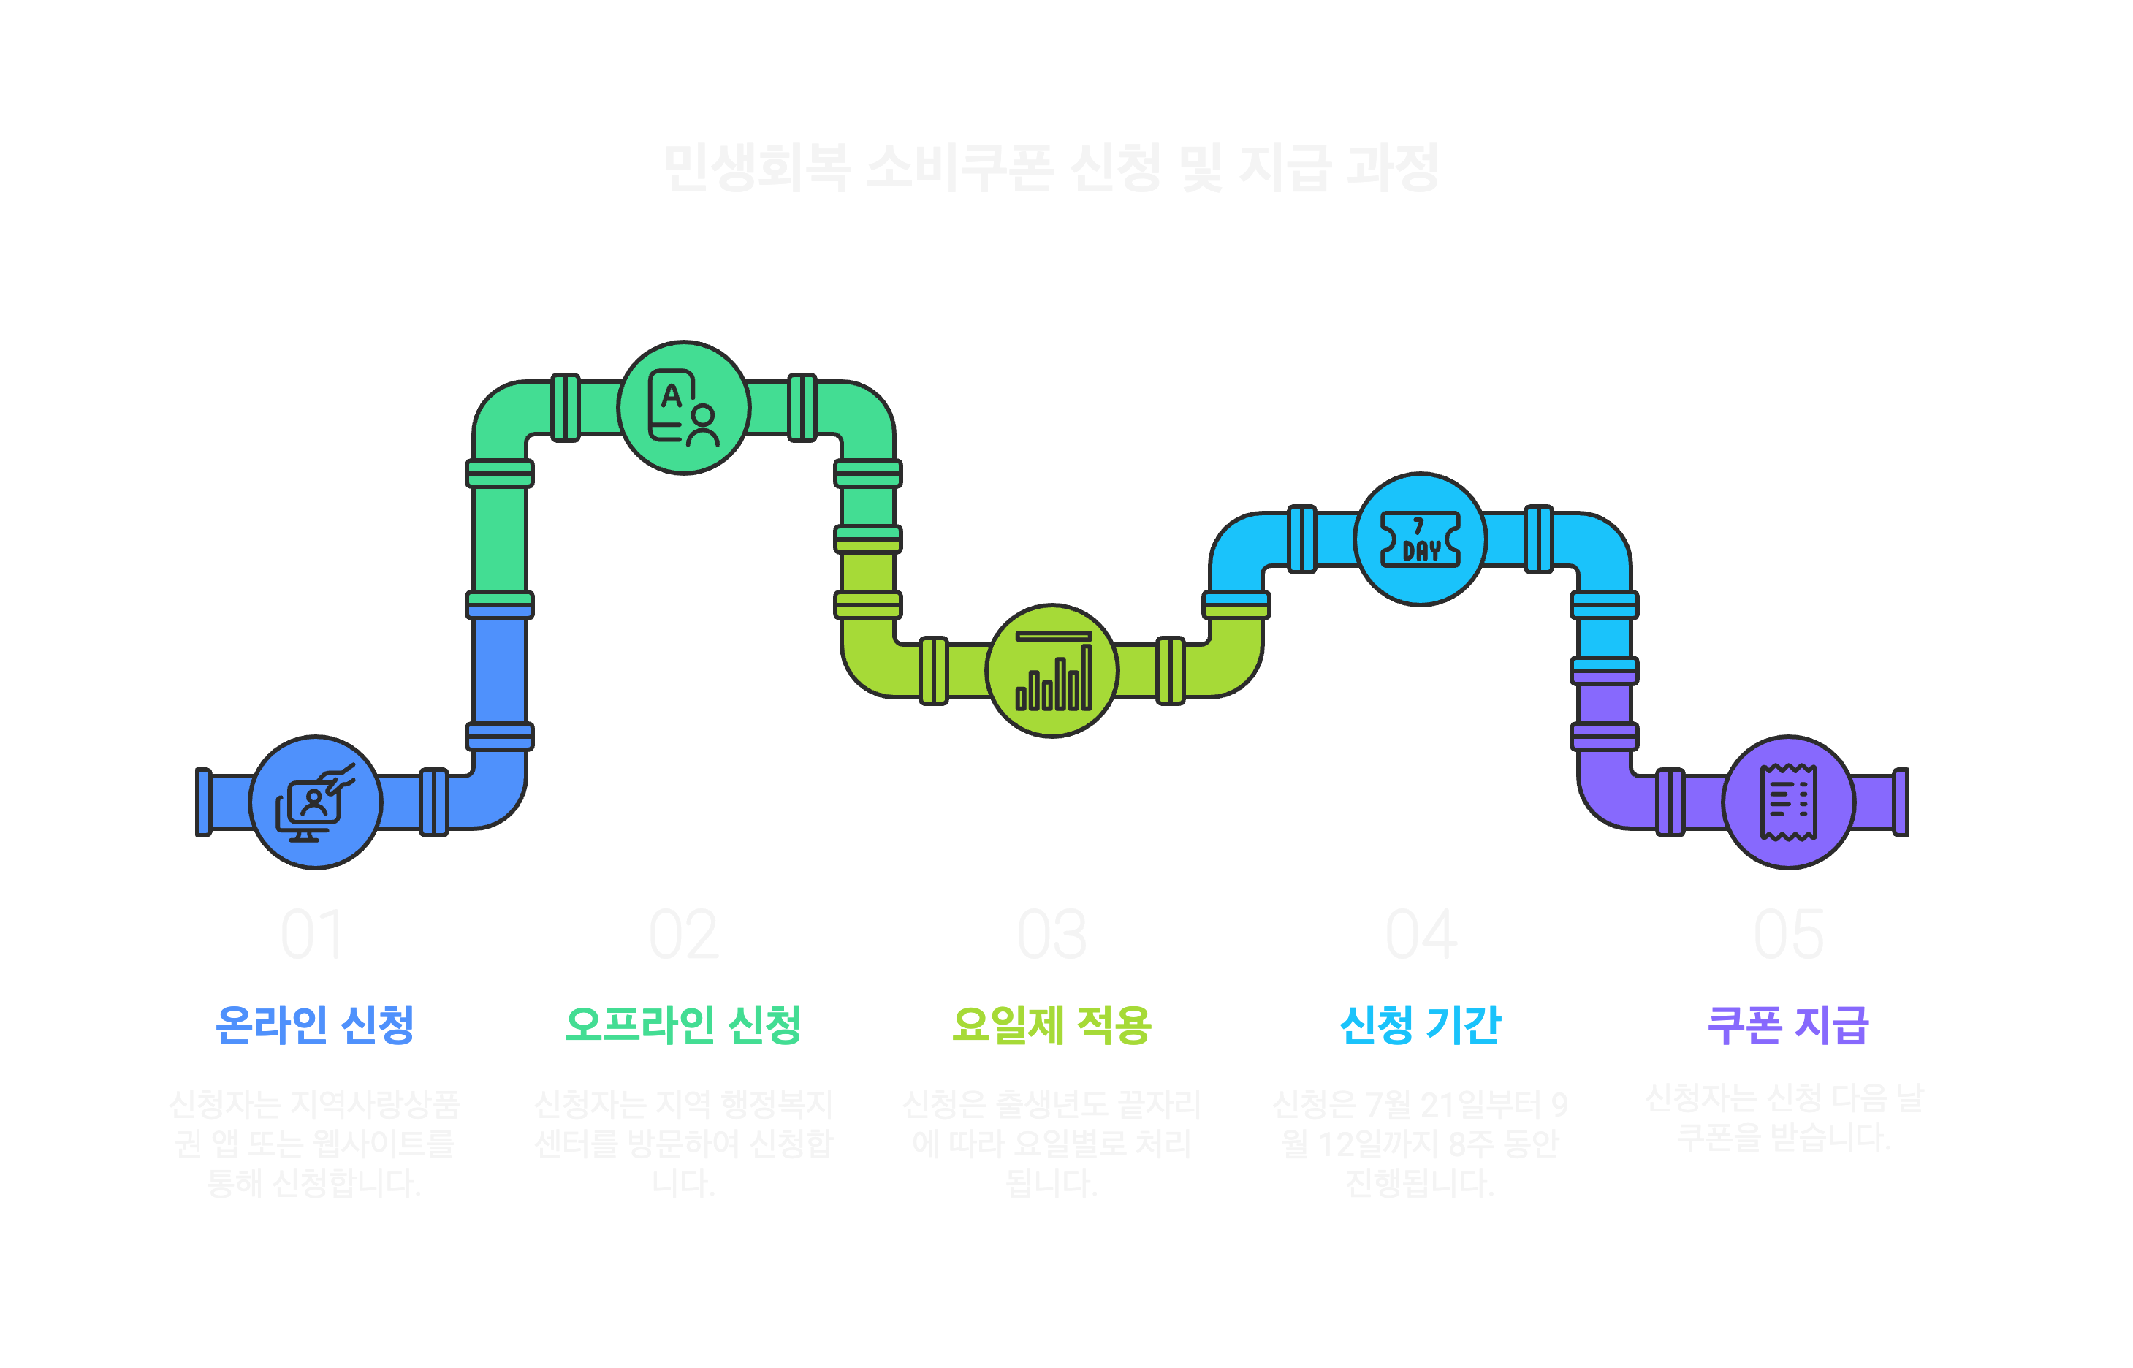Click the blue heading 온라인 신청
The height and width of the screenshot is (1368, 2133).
click(x=314, y=1025)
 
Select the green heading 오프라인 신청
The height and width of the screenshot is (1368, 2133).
click(x=683, y=1025)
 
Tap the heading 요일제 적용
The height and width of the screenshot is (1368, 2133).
click(x=1052, y=1025)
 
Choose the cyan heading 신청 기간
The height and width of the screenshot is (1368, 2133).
click(x=1420, y=1025)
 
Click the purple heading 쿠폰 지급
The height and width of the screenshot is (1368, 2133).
click(x=1787, y=1025)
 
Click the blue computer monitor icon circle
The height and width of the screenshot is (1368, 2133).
click(x=315, y=802)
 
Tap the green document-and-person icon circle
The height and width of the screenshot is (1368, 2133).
click(x=684, y=408)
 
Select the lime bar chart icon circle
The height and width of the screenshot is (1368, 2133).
click(x=1052, y=671)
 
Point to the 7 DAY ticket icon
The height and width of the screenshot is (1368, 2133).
click(x=1420, y=539)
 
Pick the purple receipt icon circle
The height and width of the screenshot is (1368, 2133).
click(x=1788, y=802)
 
